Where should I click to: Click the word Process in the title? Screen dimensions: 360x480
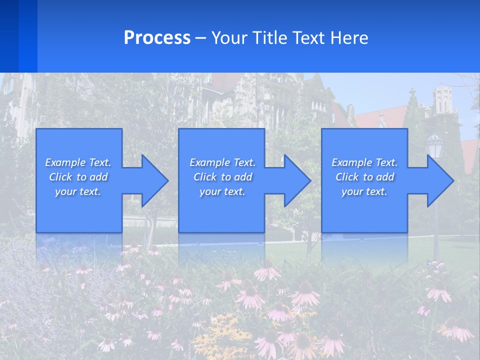coord(157,38)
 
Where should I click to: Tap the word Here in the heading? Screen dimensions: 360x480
coord(350,38)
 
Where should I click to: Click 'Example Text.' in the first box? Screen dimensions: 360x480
coord(78,162)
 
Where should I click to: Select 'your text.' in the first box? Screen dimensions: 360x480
coord(78,191)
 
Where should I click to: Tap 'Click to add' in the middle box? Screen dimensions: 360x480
coord(222,177)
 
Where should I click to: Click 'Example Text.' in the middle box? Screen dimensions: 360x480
coord(222,162)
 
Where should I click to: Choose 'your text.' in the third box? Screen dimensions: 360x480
coord(364,191)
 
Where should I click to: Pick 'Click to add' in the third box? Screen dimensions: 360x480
coord(364,177)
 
